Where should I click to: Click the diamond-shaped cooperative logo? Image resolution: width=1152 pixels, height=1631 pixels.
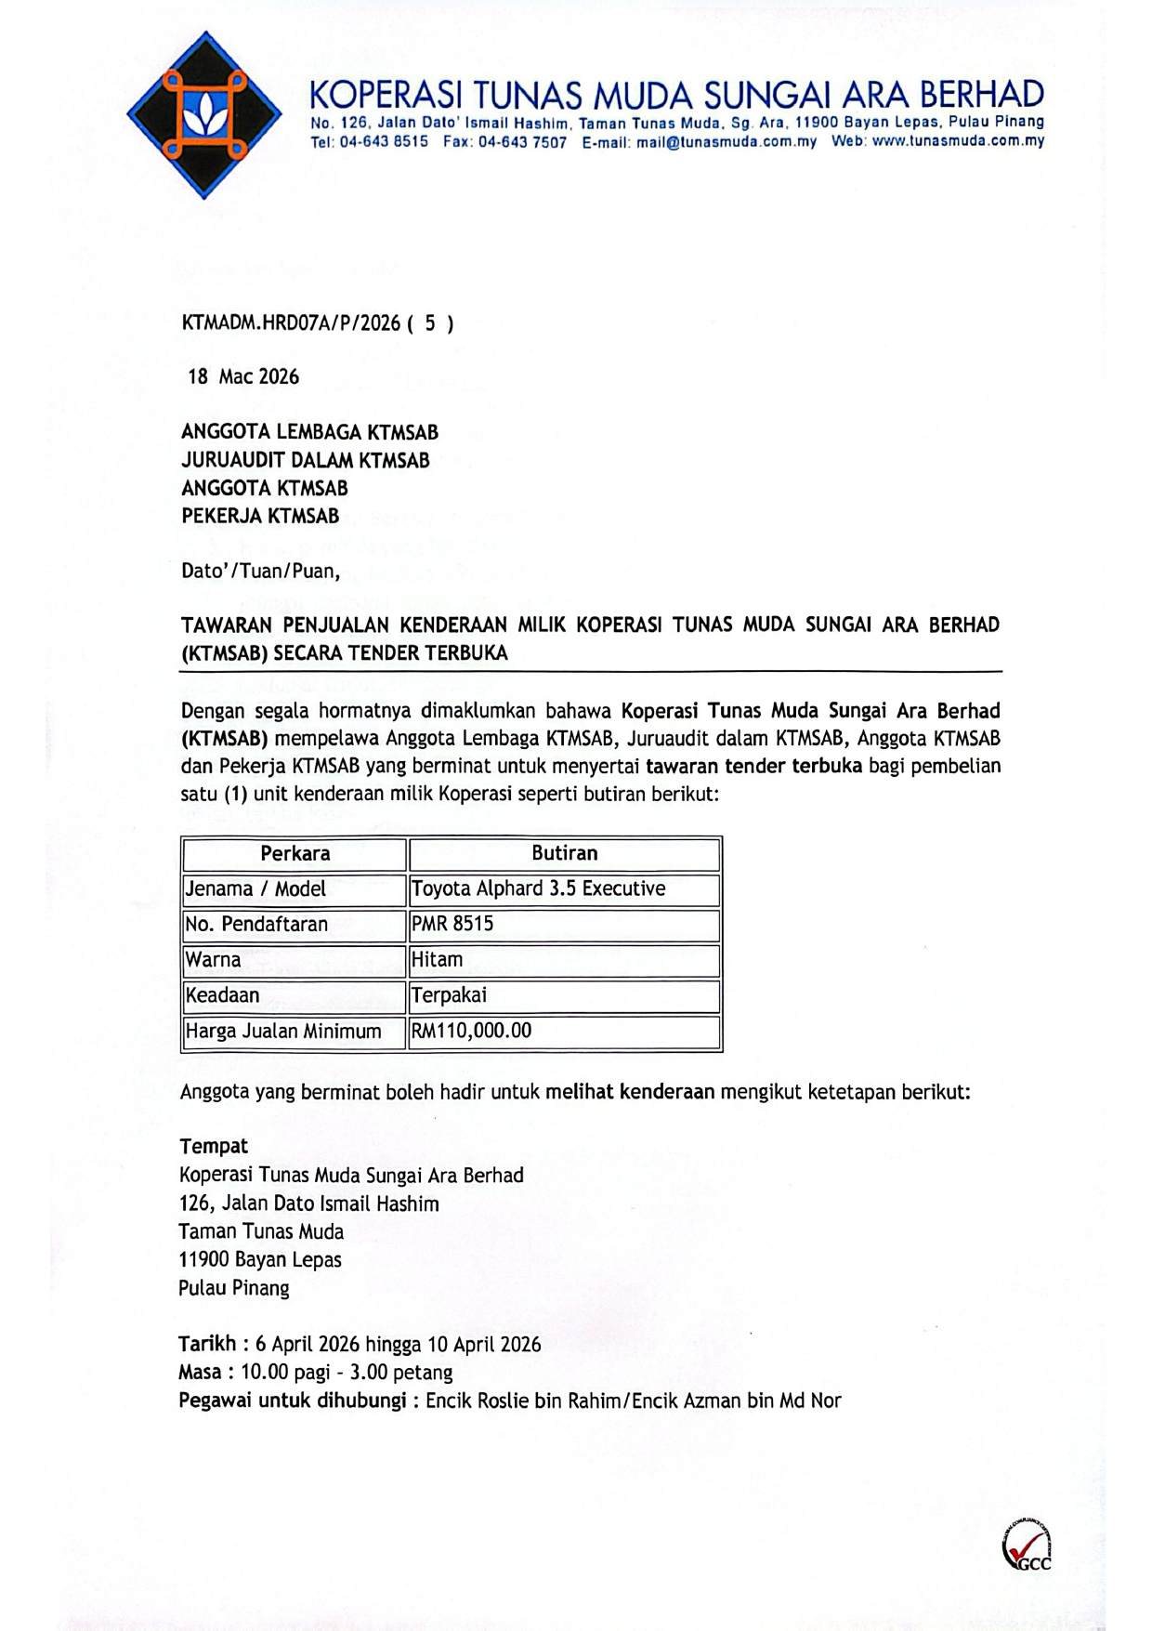coord(204,115)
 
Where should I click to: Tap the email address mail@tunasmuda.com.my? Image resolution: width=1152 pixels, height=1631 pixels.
coord(727,142)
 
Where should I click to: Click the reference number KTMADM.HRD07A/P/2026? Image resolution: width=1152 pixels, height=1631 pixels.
coord(291,323)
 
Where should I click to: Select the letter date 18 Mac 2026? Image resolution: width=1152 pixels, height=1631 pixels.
coord(243,376)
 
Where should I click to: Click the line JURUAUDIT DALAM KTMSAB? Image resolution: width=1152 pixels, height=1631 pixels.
coord(306,460)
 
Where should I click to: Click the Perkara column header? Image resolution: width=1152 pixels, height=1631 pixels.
coord(295,853)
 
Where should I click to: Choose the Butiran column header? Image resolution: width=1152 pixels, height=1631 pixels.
coord(565,853)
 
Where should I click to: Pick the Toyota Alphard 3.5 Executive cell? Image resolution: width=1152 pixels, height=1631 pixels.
coord(538,889)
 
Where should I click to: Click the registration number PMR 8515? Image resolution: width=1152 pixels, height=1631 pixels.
coord(452,924)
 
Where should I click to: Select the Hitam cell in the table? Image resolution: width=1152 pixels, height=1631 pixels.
coord(437,959)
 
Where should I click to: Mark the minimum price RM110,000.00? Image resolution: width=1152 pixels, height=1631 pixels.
coord(471,1031)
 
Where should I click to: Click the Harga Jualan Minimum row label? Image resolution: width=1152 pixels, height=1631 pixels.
coord(283,1031)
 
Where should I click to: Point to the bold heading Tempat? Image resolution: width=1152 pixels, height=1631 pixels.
coord(214,1147)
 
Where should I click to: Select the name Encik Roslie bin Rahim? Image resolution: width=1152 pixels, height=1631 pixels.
coord(522,1401)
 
